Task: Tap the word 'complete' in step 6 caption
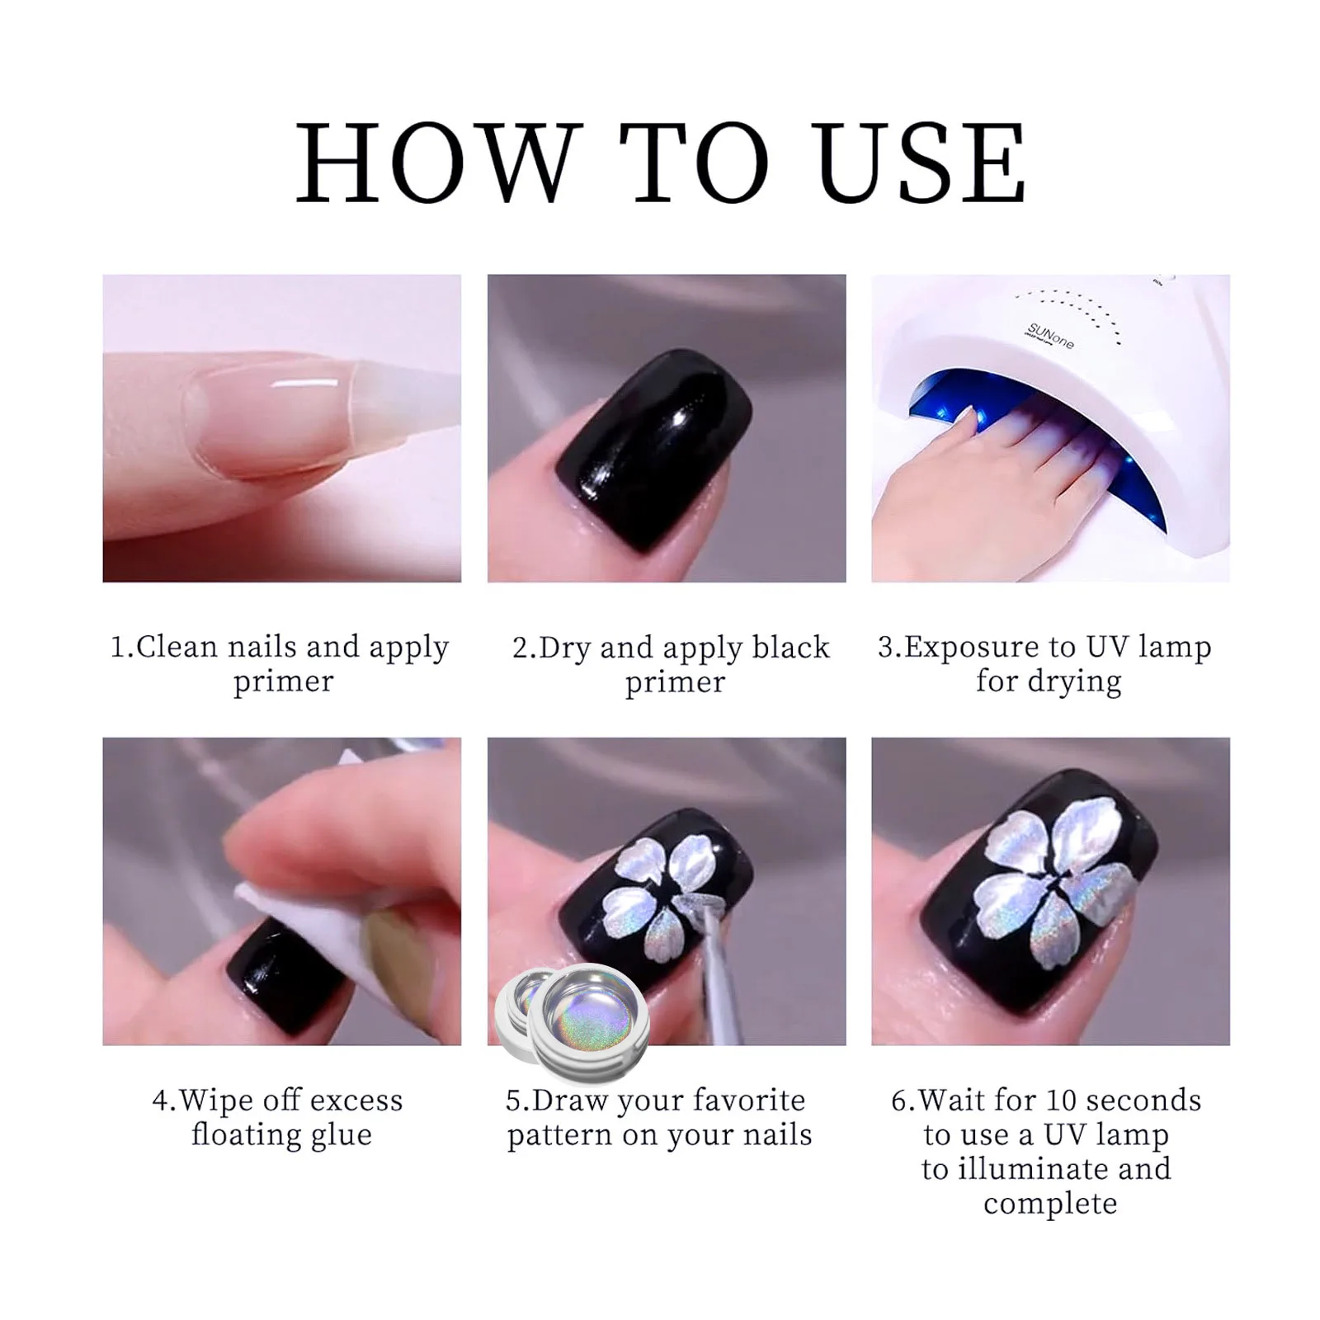1049,1204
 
